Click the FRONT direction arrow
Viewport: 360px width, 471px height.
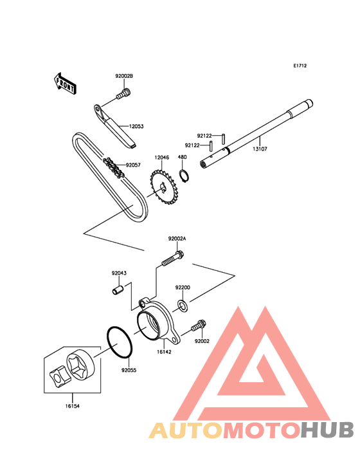(x=65, y=84)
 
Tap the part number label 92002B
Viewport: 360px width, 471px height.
(x=124, y=76)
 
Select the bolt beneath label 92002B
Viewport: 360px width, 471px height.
(x=123, y=93)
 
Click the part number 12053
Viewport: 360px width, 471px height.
(x=136, y=126)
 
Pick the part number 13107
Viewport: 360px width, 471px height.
(x=260, y=149)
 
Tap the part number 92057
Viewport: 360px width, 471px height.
(x=133, y=165)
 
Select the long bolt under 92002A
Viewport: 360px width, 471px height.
(x=173, y=259)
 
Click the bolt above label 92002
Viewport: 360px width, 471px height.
(x=199, y=326)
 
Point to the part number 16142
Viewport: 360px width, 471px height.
(x=164, y=352)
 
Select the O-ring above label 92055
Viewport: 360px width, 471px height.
(x=119, y=342)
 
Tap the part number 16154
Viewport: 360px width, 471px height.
(x=73, y=406)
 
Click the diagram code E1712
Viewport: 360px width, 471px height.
(x=300, y=66)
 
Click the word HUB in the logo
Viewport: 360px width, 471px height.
(x=328, y=430)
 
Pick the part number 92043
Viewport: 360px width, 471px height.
(x=119, y=273)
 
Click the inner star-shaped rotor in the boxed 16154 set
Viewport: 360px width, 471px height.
(x=60, y=376)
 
